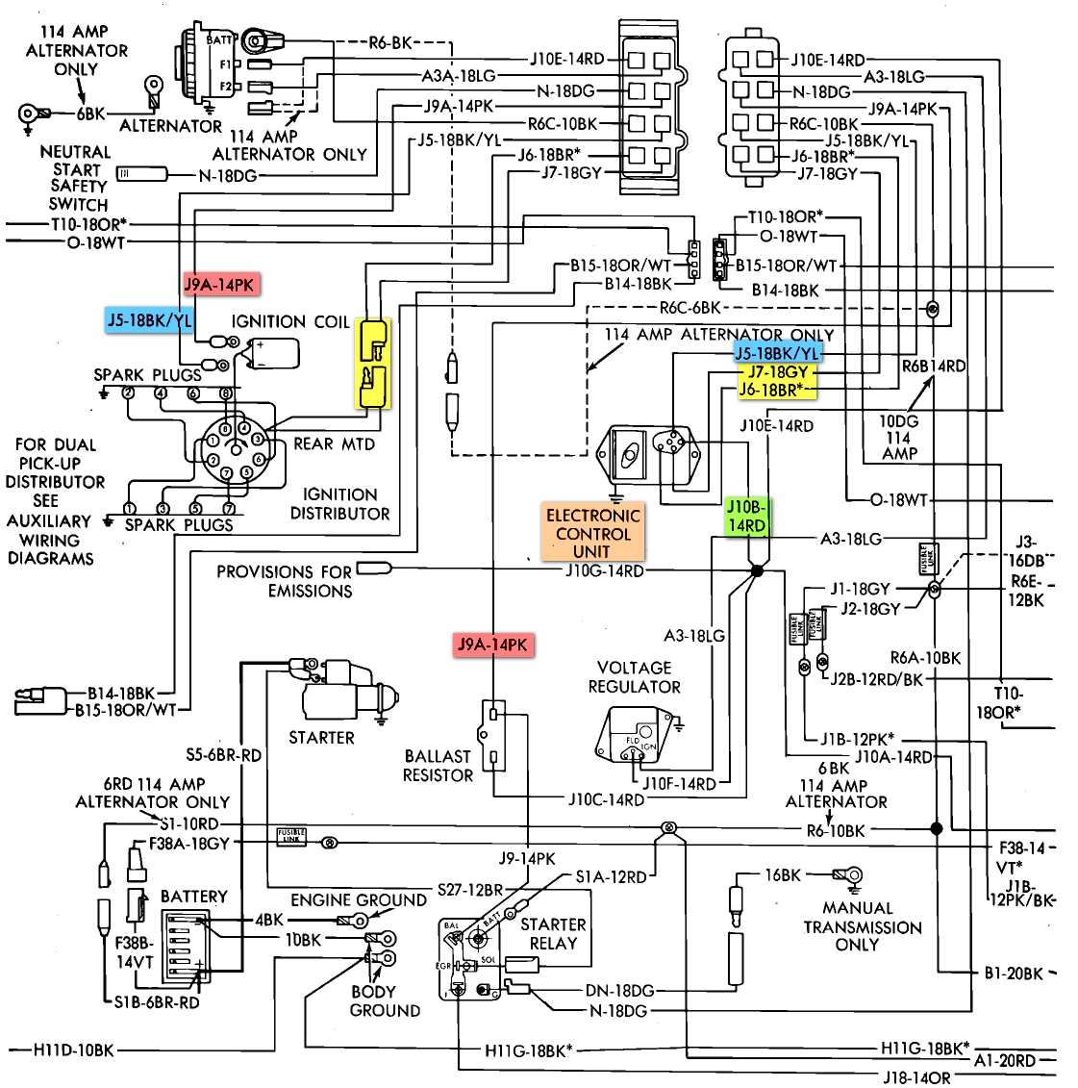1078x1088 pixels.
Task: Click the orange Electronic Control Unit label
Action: pyautogui.click(x=592, y=533)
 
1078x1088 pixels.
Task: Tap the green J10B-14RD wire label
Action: pyautogui.click(x=746, y=517)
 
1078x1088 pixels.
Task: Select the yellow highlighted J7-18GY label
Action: pyautogui.click(x=778, y=371)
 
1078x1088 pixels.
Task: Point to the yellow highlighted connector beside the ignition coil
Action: pyautogui.click(x=372, y=364)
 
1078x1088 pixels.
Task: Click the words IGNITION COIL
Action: pyautogui.click(x=290, y=322)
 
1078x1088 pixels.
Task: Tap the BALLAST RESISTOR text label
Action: pyautogui.click(x=438, y=766)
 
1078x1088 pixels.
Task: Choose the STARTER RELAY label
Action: pyautogui.click(x=553, y=934)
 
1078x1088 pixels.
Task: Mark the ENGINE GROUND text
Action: pyautogui.click(x=359, y=900)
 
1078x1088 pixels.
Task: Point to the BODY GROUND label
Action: pyautogui.click(x=384, y=1001)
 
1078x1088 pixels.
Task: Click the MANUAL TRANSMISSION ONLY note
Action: pyautogui.click(x=863, y=926)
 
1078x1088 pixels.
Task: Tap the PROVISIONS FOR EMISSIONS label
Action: pyautogui.click(x=285, y=581)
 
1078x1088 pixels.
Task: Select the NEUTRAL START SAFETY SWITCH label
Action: pyautogui.click(x=76, y=178)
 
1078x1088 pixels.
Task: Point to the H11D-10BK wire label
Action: pyautogui.click(x=73, y=1050)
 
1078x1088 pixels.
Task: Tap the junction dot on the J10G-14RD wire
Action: pyautogui.click(x=756, y=571)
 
